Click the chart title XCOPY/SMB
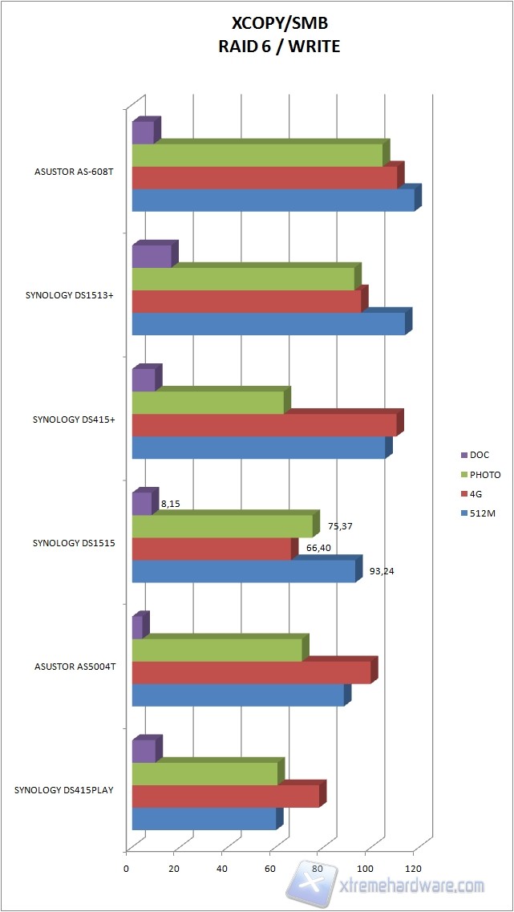tap(279, 26)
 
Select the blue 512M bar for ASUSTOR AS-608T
tap(273, 200)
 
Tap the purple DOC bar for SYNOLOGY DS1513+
tap(151, 257)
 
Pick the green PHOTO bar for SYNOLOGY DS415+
tap(208, 403)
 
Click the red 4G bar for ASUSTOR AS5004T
tap(251, 672)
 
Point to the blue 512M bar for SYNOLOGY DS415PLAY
tap(204, 818)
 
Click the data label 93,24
tap(382, 572)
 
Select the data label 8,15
tap(170, 505)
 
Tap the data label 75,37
tap(341, 527)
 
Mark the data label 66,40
tap(318, 549)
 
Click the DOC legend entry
tap(480, 455)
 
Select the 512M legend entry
tap(483, 513)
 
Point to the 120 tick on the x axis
tap(414, 869)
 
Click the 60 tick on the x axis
tap(270, 869)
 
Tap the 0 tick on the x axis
tap(126, 869)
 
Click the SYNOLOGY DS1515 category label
tap(74, 543)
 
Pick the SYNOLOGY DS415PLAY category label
tap(64, 790)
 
